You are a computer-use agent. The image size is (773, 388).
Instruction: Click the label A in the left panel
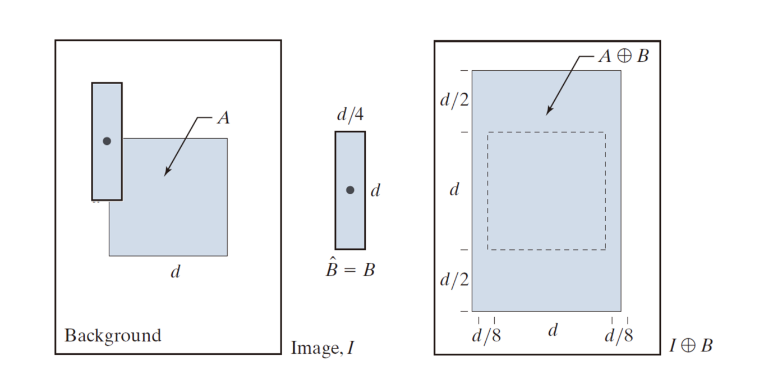click(224, 118)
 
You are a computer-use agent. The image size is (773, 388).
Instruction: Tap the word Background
click(113, 336)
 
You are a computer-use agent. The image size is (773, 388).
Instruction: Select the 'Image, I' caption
click(323, 347)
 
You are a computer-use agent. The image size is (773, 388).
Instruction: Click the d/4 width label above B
click(350, 114)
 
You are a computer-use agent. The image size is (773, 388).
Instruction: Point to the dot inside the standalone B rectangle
click(350, 190)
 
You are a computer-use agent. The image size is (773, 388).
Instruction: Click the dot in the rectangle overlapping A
click(107, 141)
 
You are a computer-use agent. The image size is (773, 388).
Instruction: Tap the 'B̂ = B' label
click(350, 267)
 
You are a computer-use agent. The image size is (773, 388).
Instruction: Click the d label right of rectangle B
click(375, 190)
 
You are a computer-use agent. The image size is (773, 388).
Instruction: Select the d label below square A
click(176, 272)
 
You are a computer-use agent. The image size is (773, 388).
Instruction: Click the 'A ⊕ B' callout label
click(624, 56)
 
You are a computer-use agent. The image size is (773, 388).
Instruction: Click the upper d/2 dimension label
click(454, 100)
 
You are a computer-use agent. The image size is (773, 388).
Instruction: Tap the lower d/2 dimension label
click(454, 279)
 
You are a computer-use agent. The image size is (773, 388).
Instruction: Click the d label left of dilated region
click(454, 189)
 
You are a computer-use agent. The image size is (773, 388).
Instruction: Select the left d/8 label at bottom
click(486, 335)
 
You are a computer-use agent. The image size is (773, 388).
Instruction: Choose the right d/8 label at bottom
click(619, 335)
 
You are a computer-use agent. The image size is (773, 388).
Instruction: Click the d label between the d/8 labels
click(553, 330)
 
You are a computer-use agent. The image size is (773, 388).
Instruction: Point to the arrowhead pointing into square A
click(167, 171)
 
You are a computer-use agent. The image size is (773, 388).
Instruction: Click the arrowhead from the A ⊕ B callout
click(549, 111)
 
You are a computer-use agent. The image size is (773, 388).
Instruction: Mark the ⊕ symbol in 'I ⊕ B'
click(688, 345)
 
